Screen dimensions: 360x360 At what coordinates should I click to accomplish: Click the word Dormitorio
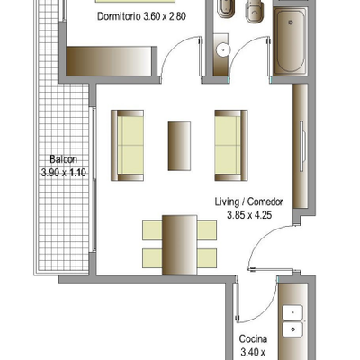(119, 16)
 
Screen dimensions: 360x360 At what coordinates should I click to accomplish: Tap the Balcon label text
(63, 159)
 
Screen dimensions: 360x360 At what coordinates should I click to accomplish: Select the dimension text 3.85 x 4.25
(249, 215)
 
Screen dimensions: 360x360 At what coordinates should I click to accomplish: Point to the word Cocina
(253, 339)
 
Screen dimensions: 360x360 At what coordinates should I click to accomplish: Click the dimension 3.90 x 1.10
(64, 173)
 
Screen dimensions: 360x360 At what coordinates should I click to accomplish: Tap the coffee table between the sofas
(179, 146)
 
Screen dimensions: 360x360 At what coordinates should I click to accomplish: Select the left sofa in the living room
(127, 146)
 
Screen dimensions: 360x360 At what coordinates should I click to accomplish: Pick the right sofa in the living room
(231, 146)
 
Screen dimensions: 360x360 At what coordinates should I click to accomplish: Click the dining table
(179, 245)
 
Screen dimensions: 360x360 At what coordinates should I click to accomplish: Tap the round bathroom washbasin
(222, 49)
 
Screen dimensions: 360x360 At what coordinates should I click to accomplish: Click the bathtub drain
(291, 22)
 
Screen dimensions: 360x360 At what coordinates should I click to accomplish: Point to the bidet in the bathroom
(225, 9)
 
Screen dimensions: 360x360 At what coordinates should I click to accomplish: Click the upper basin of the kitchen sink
(292, 313)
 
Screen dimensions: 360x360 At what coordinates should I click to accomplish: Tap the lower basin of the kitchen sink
(292, 329)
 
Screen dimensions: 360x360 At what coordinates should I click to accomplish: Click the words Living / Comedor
(248, 202)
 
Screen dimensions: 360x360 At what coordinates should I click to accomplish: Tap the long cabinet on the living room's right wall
(301, 146)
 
